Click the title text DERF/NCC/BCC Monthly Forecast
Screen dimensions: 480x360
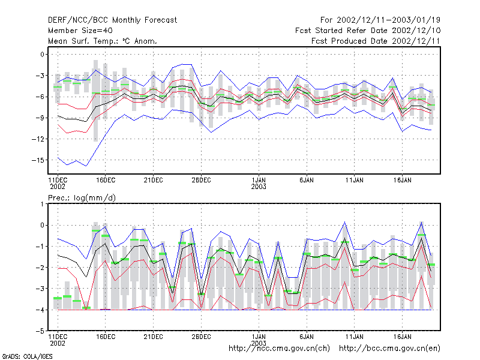click(x=112, y=20)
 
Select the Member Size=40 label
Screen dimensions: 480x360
click(x=80, y=31)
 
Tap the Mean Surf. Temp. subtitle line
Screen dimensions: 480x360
click(x=102, y=41)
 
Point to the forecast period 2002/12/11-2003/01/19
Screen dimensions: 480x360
click(x=388, y=20)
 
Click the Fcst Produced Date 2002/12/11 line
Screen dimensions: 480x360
click(x=376, y=41)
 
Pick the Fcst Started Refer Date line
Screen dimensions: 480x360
click(x=368, y=31)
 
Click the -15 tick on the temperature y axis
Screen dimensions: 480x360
click(x=38, y=160)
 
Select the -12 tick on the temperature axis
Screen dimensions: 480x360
click(x=38, y=139)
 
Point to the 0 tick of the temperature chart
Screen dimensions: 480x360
click(x=42, y=54)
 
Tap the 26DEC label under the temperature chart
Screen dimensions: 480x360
click(x=201, y=180)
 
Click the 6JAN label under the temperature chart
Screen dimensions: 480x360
click(x=307, y=180)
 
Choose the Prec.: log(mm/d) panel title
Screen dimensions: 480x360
click(x=82, y=198)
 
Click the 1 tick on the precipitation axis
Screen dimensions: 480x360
click(x=42, y=204)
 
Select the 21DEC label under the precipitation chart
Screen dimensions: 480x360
click(x=154, y=337)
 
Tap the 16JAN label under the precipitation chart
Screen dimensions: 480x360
click(x=402, y=337)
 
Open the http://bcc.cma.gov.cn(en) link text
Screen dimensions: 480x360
click(x=389, y=349)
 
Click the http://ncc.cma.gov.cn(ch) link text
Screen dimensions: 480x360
click(x=279, y=349)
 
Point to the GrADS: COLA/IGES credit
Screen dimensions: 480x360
click(x=27, y=356)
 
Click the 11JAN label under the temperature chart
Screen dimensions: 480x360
click(x=355, y=180)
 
